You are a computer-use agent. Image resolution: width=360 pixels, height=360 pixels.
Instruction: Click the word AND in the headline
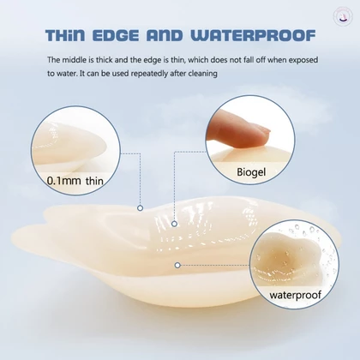(x=165, y=36)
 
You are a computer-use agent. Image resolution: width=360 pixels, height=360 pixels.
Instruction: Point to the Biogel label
(x=251, y=172)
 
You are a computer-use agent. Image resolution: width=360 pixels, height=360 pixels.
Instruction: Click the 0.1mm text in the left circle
(x=64, y=181)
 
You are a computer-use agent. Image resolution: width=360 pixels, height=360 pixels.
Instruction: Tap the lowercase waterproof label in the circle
(x=296, y=295)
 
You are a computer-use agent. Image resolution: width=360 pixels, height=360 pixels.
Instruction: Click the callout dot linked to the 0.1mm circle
(x=140, y=208)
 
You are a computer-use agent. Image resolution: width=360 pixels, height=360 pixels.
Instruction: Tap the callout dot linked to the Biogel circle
(x=174, y=224)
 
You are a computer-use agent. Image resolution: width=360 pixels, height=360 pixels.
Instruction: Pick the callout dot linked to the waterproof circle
(x=177, y=265)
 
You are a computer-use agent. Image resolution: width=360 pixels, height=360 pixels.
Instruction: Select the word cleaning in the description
(x=204, y=74)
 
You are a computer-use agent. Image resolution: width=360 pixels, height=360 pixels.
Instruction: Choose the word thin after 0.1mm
(x=94, y=181)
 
